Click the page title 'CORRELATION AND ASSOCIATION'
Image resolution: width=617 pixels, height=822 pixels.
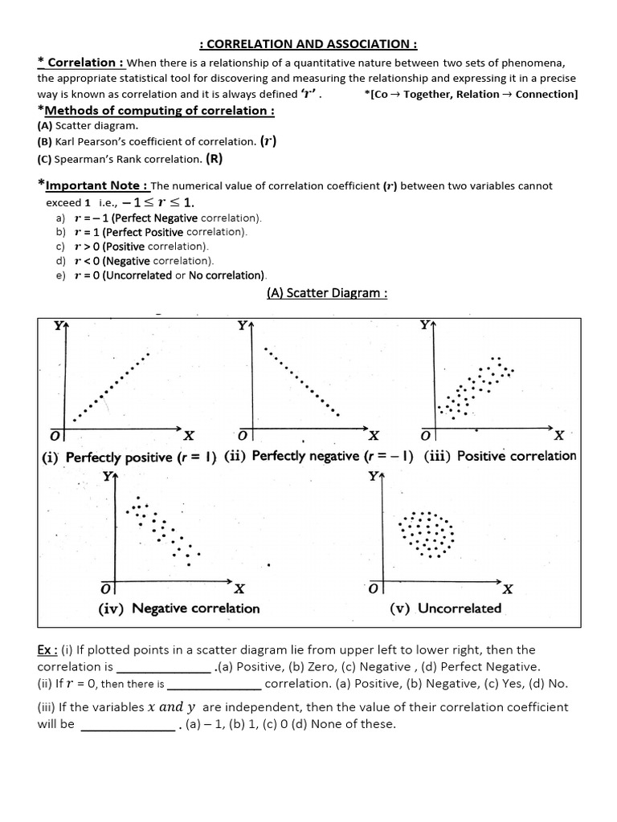pyautogui.click(x=308, y=44)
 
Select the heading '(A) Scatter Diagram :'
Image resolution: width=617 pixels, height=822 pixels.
pyautogui.click(x=327, y=293)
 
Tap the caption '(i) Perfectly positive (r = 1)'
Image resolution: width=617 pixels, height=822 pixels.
pyautogui.click(x=129, y=458)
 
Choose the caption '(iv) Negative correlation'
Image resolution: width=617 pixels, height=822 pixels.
pyautogui.click(x=179, y=608)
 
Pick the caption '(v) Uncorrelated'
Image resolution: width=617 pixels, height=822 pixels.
pyautogui.click(x=445, y=608)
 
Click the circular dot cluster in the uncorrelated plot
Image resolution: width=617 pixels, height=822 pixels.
pyautogui.click(x=427, y=533)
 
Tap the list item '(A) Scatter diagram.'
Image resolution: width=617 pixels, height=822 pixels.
pyautogui.click(x=88, y=126)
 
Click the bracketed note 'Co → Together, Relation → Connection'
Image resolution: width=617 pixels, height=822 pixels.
pyautogui.click(x=472, y=95)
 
